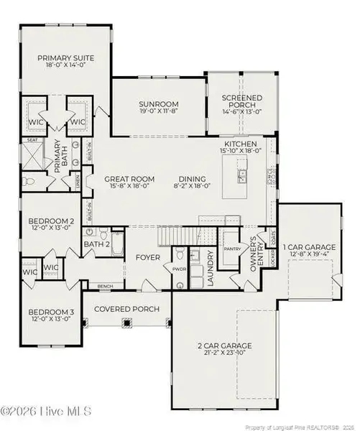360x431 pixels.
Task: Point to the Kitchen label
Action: coord(239,144)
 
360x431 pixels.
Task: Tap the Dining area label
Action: coord(190,179)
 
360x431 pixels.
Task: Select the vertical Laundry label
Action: coord(211,269)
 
